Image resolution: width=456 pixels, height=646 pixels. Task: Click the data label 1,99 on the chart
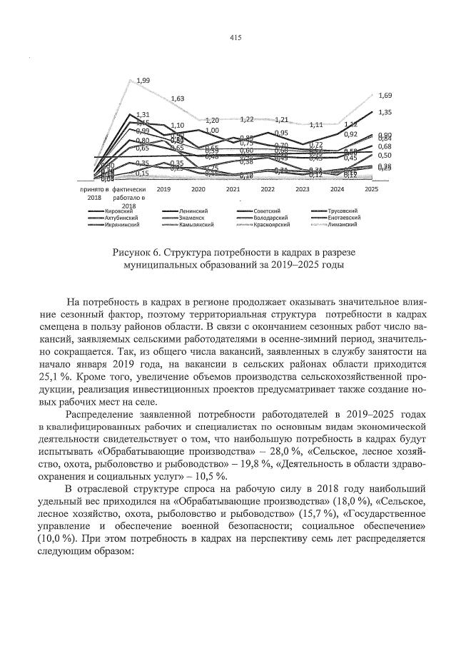[x=143, y=81]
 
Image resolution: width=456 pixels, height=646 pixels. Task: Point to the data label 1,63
[x=178, y=99]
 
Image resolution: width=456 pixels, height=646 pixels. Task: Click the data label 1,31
[x=143, y=114]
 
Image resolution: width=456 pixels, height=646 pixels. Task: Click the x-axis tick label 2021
[x=233, y=190]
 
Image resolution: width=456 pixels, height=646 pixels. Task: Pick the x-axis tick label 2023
[x=302, y=190]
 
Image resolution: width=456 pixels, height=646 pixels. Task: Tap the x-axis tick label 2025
[x=371, y=190]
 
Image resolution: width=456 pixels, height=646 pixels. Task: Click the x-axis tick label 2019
[x=163, y=190]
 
